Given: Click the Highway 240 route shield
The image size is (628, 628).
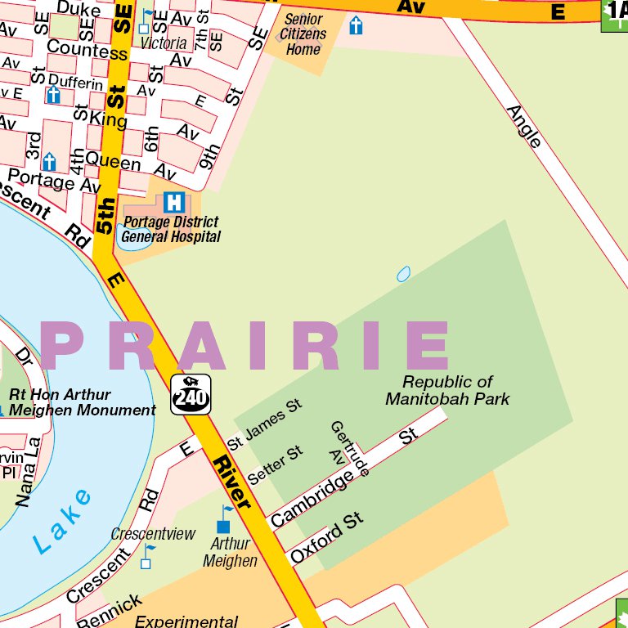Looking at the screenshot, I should (x=191, y=393).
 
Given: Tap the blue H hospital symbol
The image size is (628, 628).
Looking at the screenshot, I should (x=173, y=201).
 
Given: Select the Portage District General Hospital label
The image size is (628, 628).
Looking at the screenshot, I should (x=170, y=230).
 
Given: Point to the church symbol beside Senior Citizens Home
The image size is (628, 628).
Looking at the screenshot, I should (x=356, y=25).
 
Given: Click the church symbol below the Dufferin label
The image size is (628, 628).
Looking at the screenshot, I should (x=53, y=95).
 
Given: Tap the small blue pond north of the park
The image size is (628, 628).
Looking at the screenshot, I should (x=403, y=274).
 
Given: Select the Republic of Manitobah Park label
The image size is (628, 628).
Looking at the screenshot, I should (x=447, y=391).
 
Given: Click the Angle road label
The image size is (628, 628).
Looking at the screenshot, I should (x=524, y=127).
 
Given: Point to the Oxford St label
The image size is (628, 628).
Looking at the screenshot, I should (x=327, y=539).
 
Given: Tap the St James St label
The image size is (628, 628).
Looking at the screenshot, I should (x=265, y=424).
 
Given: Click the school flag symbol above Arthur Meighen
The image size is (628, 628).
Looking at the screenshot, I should (x=225, y=519).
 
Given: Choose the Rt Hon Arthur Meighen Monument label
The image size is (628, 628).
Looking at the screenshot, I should (x=81, y=402).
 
